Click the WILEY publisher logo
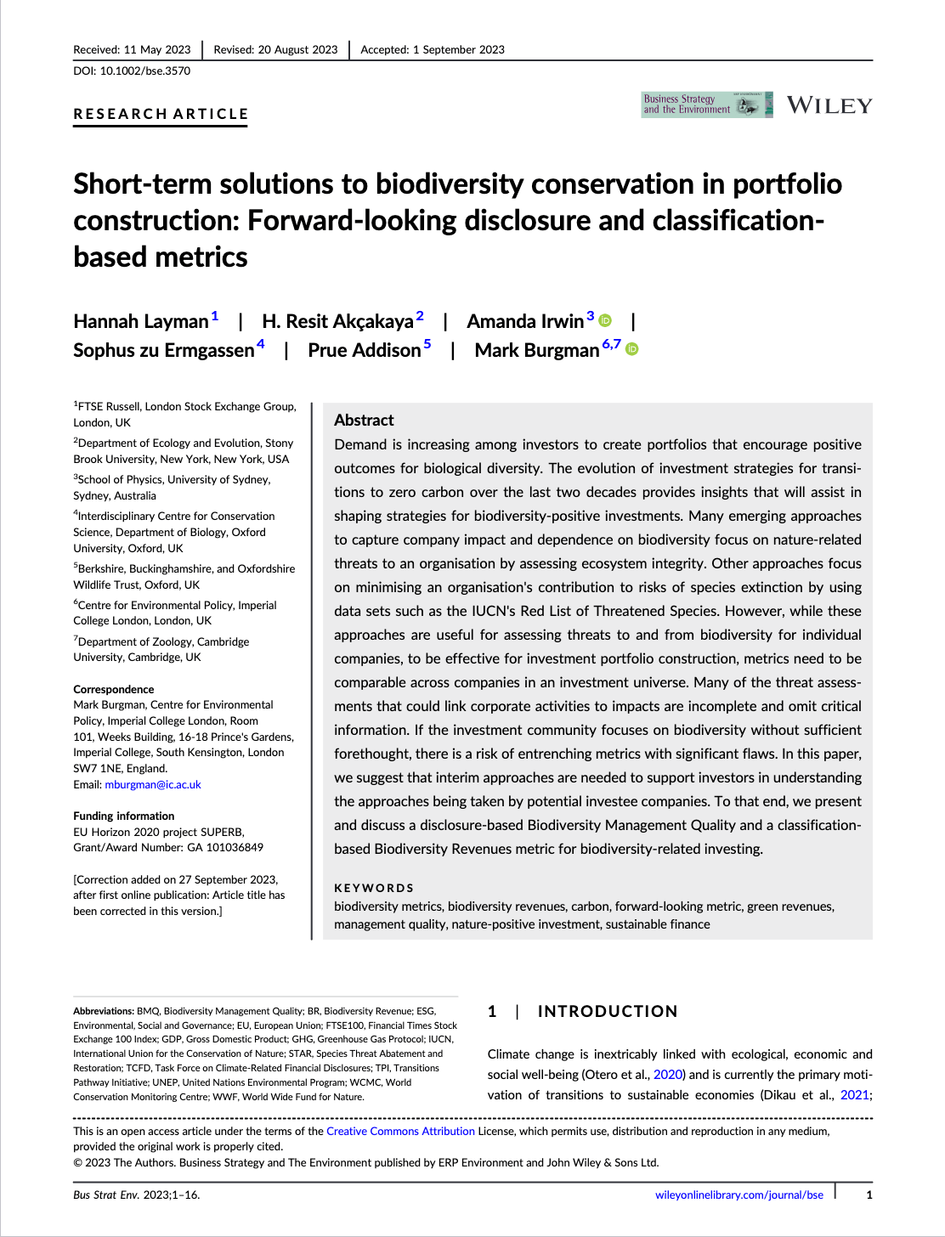click(x=829, y=105)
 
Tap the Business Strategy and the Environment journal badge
click(x=706, y=104)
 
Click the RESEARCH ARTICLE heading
click(x=161, y=114)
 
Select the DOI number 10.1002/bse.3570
click(x=144, y=71)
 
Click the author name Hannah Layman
click(x=140, y=321)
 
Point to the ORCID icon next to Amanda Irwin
click(x=605, y=320)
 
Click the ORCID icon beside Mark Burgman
click(x=632, y=349)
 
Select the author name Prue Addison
click(x=364, y=350)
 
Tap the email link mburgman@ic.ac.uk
click(x=153, y=785)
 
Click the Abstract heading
click(x=364, y=420)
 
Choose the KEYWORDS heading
click(x=374, y=888)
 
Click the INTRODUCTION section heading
click(x=607, y=1011)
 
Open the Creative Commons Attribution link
click(x=400, y=1132)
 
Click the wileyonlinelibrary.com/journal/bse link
click(x=738, y=1195)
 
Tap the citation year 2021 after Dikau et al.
click(x=854, y=1095)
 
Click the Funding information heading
click(x=123, y=816)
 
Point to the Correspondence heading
click(x=114, y=690)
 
